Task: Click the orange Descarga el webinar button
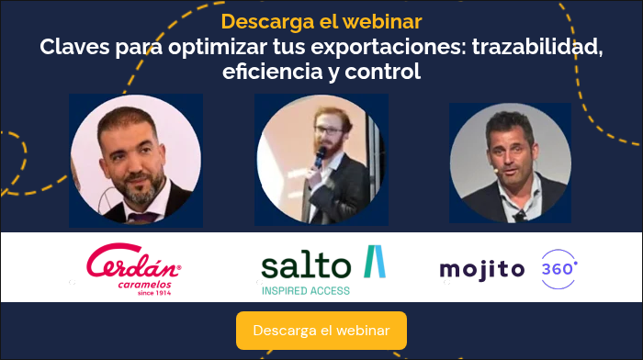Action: click(x=321, y=330)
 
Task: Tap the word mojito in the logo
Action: click(x=481, y=269)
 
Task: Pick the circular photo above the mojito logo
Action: click(x=509, y=162)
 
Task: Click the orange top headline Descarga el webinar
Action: click(x=321, y=21)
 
